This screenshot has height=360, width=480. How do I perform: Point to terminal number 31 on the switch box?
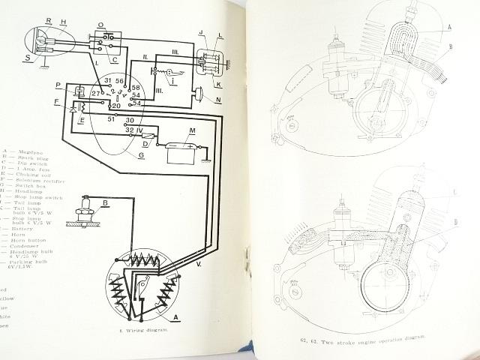tap(107, 80)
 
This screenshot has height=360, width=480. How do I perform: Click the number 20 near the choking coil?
tap(116, 105)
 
